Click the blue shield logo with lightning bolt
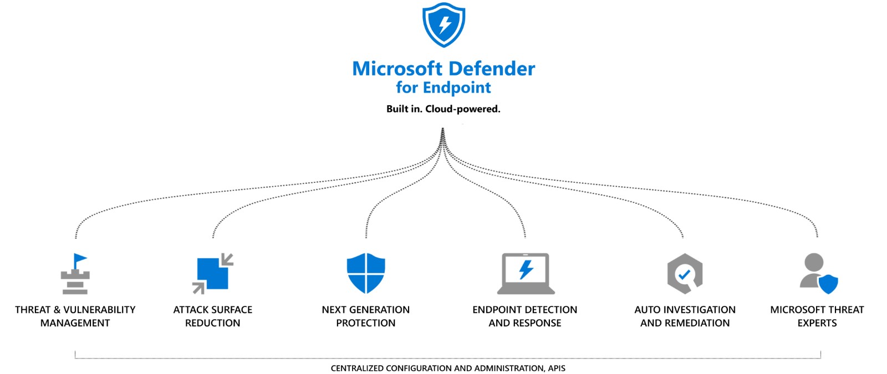coord(443,25)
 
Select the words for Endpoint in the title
coord(443,88)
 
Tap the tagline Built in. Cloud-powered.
coord(443,109)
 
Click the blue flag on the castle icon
coord(80,259)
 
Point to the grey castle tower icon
coord(75,280)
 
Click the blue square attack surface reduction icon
coord(212,273)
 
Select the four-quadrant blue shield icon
coord(366,273)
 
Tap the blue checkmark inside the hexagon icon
coord(684,274)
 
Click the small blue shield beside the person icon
coord(828,284)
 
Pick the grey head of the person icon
coord(814,262)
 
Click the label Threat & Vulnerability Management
coord(75,316)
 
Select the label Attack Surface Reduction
coord(212,316)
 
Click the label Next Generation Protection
coord(366,316)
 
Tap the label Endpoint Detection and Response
coord(524,316)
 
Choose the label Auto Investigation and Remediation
coord(685,316)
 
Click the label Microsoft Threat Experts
coord(817,316)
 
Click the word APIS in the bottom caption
coord(556,368)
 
